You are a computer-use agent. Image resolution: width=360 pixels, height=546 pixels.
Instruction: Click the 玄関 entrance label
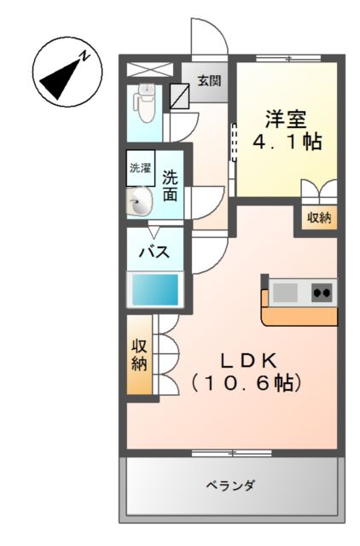tap(209, 81)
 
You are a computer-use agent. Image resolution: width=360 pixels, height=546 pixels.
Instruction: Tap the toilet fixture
tap(146, 102)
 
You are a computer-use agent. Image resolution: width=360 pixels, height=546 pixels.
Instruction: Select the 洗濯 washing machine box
tap(141, 168)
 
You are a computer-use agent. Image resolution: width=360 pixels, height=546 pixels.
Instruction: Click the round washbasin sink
tap(139, 201)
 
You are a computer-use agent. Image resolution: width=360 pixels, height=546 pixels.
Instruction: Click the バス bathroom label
tap(154, 252)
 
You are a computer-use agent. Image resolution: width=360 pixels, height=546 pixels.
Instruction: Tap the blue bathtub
tap(155, 290)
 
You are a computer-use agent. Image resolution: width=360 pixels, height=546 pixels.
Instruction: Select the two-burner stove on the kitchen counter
tap(322, 292)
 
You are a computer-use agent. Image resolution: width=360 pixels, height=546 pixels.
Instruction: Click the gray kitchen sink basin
tap(286, 293)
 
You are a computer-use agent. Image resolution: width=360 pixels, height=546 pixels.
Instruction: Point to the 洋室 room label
tap(286, 119)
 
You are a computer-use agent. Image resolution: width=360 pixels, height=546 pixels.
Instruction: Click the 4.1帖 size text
tap(287, 142)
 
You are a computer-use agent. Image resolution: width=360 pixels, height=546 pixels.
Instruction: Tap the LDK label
tap(249, 361)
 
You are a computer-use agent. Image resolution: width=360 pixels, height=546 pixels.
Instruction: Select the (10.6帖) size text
tap(246, 383)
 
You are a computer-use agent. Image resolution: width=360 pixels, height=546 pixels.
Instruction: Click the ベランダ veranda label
tap(230, 485)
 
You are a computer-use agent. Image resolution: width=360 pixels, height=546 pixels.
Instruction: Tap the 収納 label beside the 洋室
tap(319, 218)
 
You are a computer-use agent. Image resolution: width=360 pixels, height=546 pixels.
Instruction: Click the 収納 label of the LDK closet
tap(139, 355)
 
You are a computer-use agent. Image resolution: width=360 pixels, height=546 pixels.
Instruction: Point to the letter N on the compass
tap(84, 55)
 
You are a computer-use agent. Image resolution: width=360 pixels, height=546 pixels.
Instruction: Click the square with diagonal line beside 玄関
tap(180, 96)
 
